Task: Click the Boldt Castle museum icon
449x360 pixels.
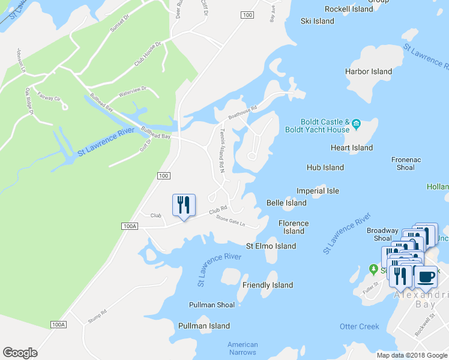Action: [x=356, y=125]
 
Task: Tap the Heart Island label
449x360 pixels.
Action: [x=352, y=148]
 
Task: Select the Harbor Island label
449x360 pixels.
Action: [x=369, y=72]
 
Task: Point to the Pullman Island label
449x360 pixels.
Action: [x=204, y=326]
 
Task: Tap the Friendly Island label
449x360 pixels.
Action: [x=268, y=285]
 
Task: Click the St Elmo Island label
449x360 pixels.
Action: [x=271, y=246]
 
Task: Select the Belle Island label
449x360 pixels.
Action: [x=286, y=203]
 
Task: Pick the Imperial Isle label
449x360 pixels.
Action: [x=318, y=191]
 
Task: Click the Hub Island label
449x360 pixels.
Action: [x=325, y=167]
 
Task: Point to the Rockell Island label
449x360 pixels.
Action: [x=349, y=9]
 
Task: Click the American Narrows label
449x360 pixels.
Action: [x=243, y=348]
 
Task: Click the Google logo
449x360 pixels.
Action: [x=20, y=353]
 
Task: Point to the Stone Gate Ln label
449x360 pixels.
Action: [x=231, y=222]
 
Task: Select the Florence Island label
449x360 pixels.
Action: [x=294, y=227]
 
